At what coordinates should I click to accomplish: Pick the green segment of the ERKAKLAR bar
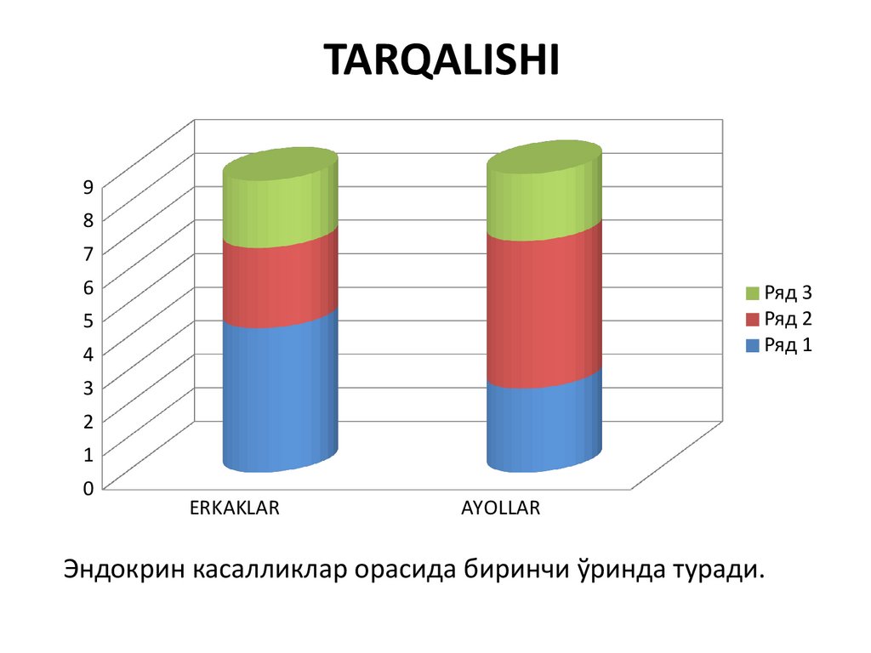[x=280, y=204]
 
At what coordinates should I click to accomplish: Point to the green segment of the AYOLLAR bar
[x=544, y=200]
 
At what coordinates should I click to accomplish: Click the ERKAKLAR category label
[x=235, y=508]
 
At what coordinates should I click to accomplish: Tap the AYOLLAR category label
[x=501, y=508]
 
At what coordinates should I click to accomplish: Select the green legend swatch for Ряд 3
[x=752, y=293]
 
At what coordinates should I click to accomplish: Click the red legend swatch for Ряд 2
[x=752, y=320]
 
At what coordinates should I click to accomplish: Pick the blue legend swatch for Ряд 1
[x=752, y=345]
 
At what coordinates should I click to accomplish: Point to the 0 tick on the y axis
[x=87, y=488]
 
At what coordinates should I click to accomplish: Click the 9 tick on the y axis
[x=87, y=186]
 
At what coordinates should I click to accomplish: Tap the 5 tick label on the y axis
[x=87, y=320]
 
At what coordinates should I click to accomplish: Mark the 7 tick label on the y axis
[x=87, y=253]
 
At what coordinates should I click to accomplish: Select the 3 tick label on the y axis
[x=87, y=387]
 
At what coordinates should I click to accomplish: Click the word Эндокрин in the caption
[x=122, y=570]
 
